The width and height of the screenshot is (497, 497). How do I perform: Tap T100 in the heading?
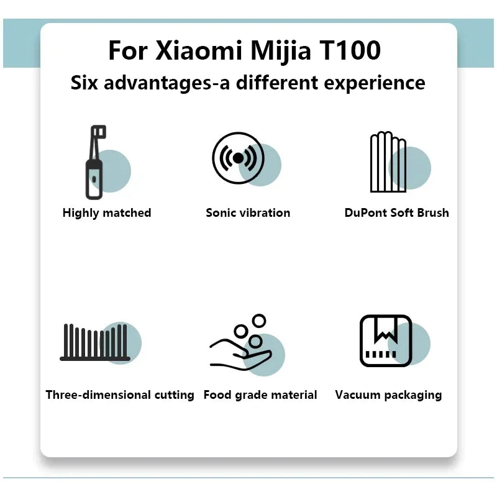(x=349, y=51)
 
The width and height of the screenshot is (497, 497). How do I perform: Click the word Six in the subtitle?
(x=84, y=83)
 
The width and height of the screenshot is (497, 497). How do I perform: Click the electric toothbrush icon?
(x=94, y=162)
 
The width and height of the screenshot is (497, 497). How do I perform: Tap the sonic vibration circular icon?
(x=238, y=158)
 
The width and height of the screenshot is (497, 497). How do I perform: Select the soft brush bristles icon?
(x=388, y=162)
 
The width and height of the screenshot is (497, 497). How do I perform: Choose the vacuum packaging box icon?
(x=386, y=340)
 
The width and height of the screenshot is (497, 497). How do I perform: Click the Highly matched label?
(x=107, y=213)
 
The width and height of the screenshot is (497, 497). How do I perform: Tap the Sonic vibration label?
(x=248, y=213)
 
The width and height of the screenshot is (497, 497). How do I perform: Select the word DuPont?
(x=366, y=213)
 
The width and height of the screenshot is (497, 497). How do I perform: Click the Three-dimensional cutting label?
(x=120, y=395)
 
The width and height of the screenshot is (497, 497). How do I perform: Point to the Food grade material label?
(x=260, y=395)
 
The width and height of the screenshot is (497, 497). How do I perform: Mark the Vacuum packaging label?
(x=388, y=395)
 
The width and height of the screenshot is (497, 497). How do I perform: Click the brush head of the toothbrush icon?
(x=98, y=133)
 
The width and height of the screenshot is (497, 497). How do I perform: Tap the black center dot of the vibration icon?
(x=238, y=158)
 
